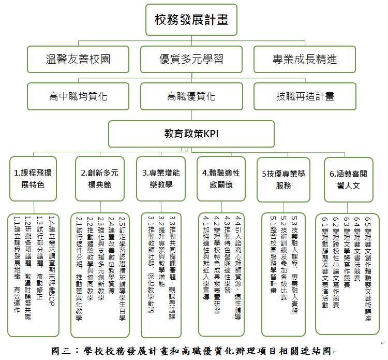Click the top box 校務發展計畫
coord(191,20)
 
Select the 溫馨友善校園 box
coord(78,60)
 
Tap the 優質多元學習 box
coord(191,60)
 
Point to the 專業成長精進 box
coord(304,60)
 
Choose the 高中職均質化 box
coord(78,96)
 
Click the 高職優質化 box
coord(191,96)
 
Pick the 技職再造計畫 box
coord(304,96)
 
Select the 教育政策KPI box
coord(191,134)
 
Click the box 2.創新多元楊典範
coord(99,179)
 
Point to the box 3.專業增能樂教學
coord(161,179)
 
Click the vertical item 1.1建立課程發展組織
coord(17,264)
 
